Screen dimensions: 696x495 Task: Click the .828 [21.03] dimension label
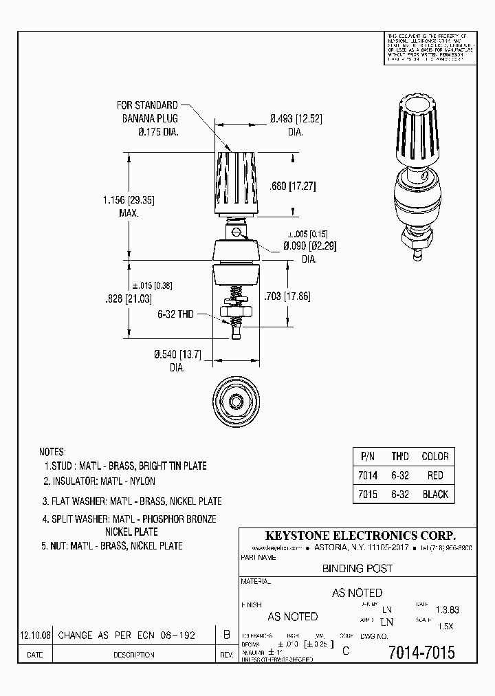(x=128, y=299)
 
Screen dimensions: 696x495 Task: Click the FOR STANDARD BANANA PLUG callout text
(x=147, y=118)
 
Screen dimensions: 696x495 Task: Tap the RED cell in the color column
(x=434, y=475)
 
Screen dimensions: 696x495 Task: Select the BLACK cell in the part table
(x=434, y=494)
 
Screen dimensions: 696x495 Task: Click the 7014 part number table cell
(x=368, y=475)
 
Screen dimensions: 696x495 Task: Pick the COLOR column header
(x=434, y=456)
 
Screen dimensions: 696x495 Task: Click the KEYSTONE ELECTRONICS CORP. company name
(x=361, y=536)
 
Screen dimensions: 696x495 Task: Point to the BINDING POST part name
(x=357, y=569)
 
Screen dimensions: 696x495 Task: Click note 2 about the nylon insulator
(x=100, y=481)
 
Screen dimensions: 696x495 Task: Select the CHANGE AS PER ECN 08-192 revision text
(x=126, y=635)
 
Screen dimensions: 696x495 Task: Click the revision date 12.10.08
(x=34, y=635)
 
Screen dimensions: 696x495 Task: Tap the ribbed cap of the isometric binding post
(x=416, y=124)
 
